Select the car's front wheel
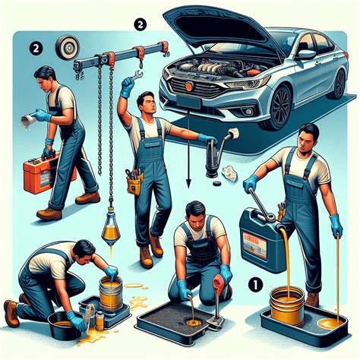pos(280,106)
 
